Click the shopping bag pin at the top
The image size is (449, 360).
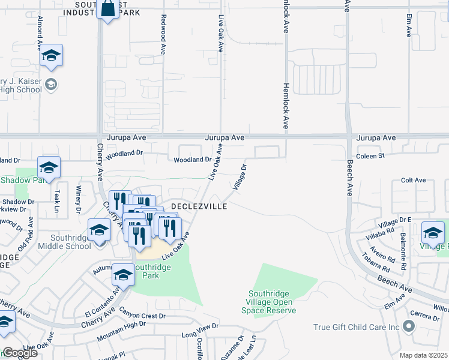point(107,10)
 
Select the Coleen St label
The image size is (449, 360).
point(370,155)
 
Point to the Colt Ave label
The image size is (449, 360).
point(413,180)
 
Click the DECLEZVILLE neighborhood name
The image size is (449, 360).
point(199,206)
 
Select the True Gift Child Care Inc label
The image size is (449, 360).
point(357,327)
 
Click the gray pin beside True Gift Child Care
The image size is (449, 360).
point(409,326)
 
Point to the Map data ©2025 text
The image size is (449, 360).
point(423,355)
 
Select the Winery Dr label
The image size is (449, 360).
point(78,200)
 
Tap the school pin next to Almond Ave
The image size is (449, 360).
point(52,56)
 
